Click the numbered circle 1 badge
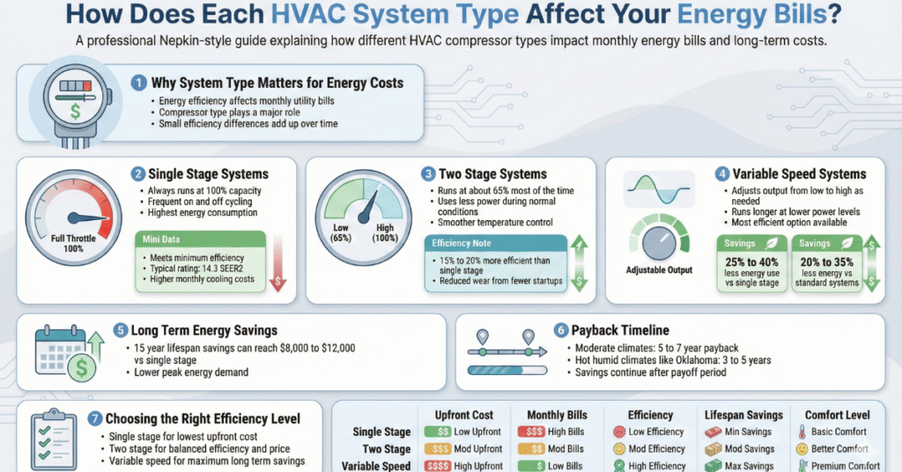click(x=138, y=83)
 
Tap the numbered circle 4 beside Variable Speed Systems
click(x=722, y=173)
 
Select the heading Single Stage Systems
click(x=208, y=174)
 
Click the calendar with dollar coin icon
click(x=63, y=350)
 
